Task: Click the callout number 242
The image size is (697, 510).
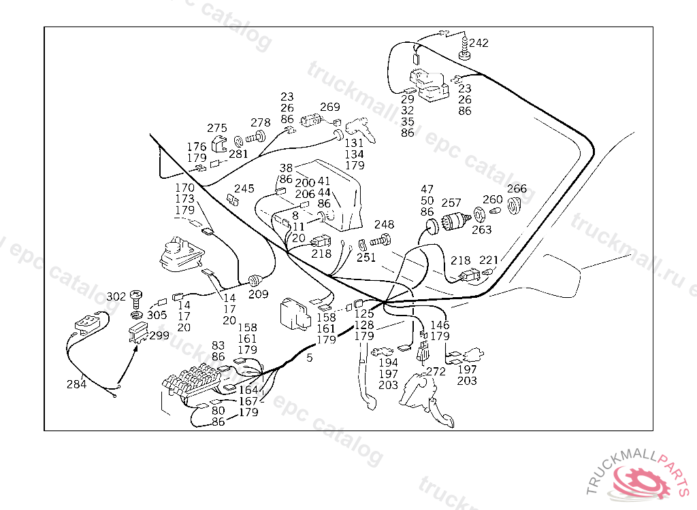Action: [x=479, y=43]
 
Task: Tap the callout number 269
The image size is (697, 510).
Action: [x=329, y=107]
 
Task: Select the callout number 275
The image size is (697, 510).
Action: [x=217, y=128]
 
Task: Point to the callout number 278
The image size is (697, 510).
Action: [x=260, y=123]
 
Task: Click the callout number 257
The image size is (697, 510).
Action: [x=451, y=203]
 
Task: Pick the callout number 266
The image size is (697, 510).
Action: [x=517, y=188]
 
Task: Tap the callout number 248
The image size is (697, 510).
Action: [x=384, y=224]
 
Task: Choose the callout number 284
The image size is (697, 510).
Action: [x=76, y=384]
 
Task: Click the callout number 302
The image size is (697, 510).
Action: [x=116, y=296]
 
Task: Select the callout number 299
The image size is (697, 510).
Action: [x=159, y=335]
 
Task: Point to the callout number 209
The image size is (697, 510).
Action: [x=258, y=294]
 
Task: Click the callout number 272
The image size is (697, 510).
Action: [x=435, y=371]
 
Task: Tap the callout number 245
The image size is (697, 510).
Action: [x=244, y=188]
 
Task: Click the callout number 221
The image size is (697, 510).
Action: [x=489, y=260]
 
